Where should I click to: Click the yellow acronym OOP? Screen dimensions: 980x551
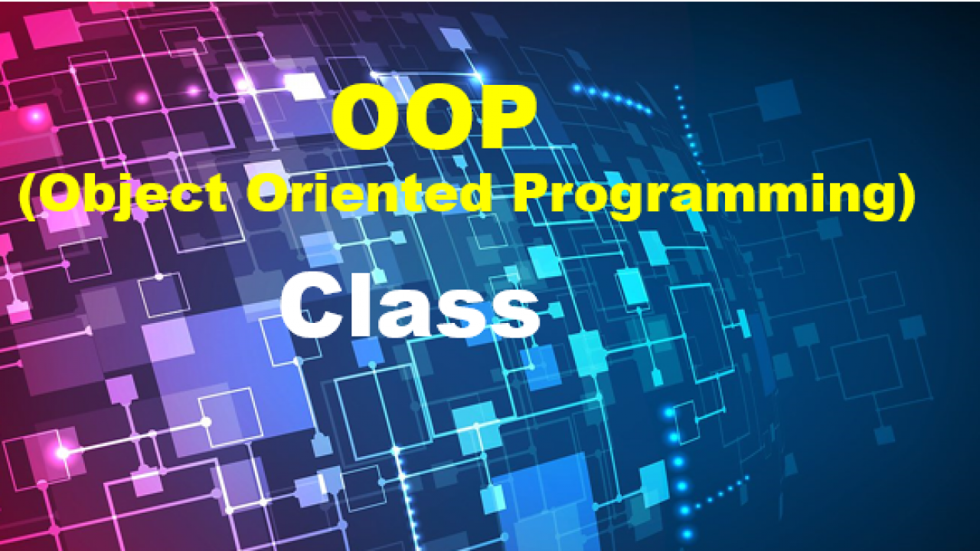point(433,117)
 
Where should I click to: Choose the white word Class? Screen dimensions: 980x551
point(410,305)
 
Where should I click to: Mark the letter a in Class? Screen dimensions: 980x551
point(403,313)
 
